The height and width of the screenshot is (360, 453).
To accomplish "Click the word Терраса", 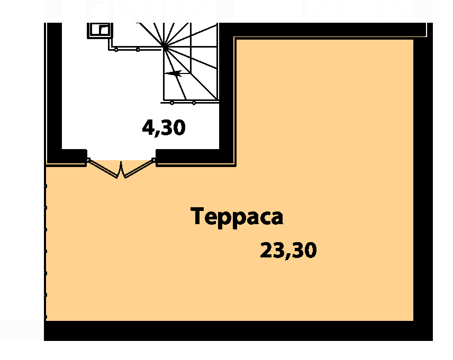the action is (x=237, y=217).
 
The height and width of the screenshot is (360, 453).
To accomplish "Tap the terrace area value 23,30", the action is (x=288, y=251).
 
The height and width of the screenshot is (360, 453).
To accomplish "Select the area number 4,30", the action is (x=164, y=128).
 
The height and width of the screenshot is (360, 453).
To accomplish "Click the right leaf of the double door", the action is (x=139, y=168).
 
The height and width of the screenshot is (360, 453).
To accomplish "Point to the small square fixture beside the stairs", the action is (x=100, y=30).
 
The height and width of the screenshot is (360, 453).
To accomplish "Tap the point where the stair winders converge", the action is (x=165, y=45).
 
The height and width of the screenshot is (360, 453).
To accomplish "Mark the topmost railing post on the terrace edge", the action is (x=46, y=186).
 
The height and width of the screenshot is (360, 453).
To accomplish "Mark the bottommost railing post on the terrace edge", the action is (x=46, y=317).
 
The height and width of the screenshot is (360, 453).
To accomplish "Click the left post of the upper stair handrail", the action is (x=116, y=50).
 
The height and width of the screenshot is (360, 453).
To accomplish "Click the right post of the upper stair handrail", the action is (x=138, y=50).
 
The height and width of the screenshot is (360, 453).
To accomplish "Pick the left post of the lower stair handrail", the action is (x=172, y=103).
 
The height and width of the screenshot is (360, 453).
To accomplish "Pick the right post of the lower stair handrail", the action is (x=194, y=103).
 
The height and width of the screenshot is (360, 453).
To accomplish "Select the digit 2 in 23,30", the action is (x=266, y=250).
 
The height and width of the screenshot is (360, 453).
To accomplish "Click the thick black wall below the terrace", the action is (x=238, y=331).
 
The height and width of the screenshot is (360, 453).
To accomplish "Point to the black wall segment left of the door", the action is (x=67, y=157).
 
